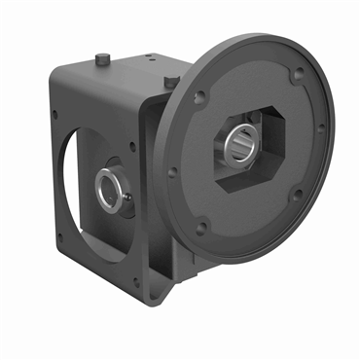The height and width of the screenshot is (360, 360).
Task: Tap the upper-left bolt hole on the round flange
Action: pos(199,95)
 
